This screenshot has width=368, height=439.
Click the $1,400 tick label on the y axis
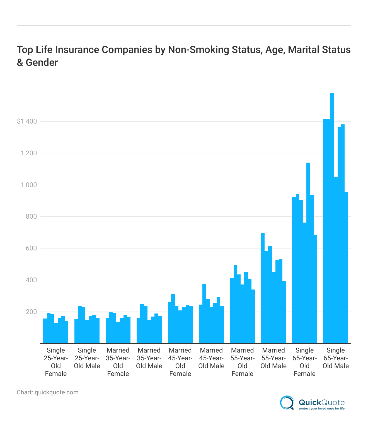27,121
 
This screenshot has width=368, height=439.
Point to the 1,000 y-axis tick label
29,185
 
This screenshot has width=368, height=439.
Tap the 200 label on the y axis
31,312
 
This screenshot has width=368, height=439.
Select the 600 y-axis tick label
31,248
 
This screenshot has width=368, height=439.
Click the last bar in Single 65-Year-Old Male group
346,268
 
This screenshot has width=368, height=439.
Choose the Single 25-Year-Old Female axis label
56,362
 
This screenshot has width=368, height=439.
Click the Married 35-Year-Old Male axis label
149,358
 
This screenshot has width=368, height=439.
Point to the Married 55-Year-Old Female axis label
242,362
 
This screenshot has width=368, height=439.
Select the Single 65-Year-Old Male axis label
336,358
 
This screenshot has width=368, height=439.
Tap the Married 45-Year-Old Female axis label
180,362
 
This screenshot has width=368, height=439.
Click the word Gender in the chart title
42,62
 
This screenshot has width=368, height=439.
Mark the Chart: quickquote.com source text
48,392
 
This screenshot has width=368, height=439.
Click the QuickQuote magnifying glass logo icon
287,403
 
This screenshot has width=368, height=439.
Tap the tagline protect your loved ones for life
321,409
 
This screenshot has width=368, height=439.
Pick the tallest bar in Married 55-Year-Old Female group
235,304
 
